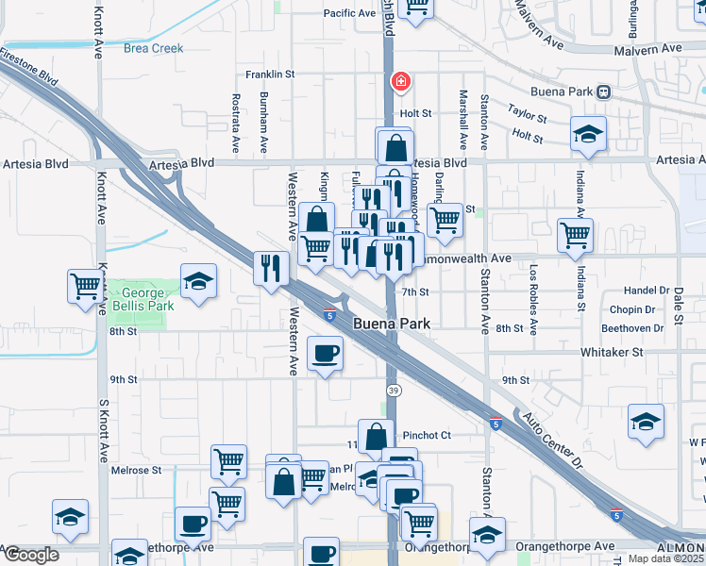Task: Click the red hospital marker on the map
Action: tap(401, 83)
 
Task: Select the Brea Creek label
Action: tap(153, 48)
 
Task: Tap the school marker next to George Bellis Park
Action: tap(198, 282)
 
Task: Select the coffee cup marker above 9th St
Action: tap(326, 354)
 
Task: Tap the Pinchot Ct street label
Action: tap(427, 436)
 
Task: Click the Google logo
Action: tap(31, 555)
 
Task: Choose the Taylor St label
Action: tap(527, 113)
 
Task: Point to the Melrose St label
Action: tap(136, 470)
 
